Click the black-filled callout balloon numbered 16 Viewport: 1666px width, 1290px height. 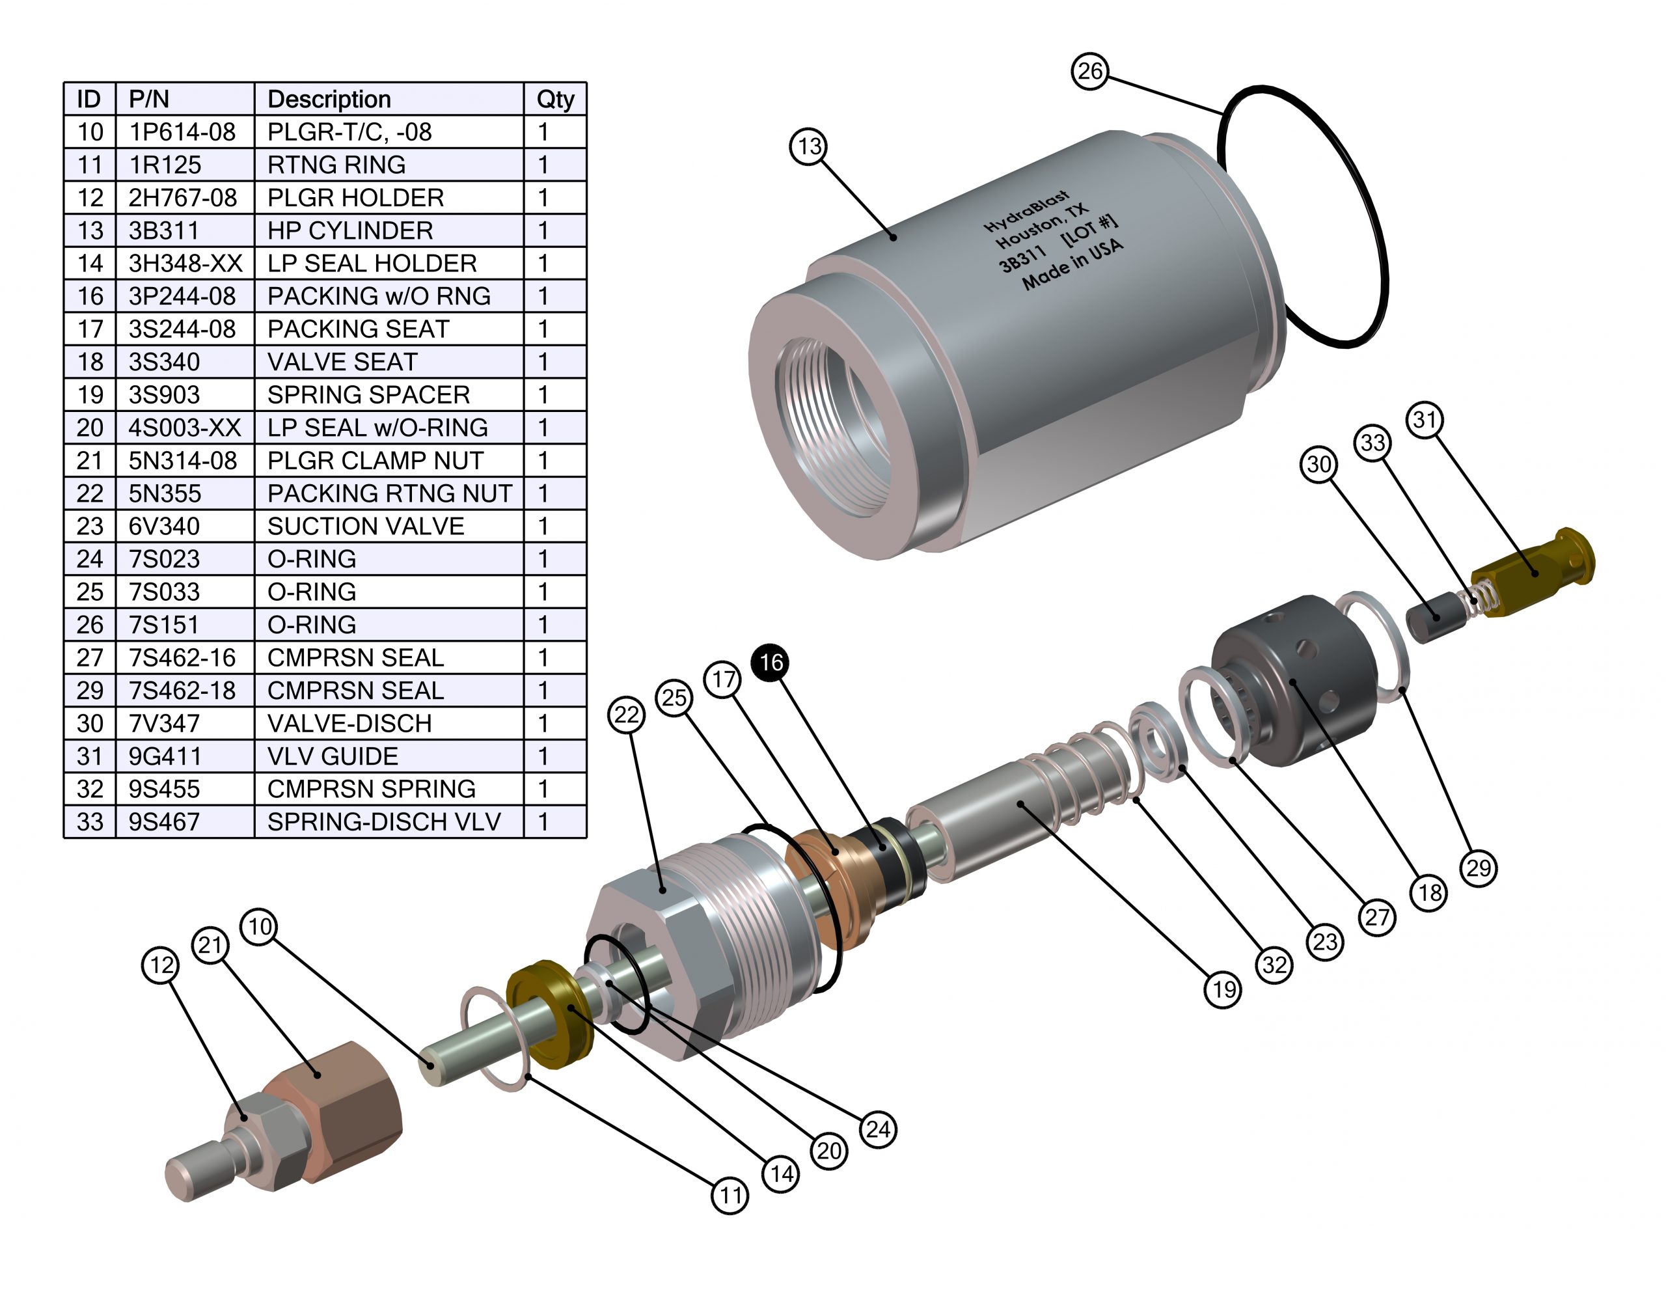tap(771, 662)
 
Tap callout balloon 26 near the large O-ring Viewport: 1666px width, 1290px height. tap(1089, 71)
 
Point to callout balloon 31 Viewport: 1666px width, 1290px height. tap(1424, 420)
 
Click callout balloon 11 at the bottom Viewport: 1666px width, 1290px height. tap(730, 1196)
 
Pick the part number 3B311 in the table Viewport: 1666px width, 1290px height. tap(163, 230)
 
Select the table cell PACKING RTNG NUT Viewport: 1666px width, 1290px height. tap(389, 493)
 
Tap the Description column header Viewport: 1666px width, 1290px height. tap(329, 99)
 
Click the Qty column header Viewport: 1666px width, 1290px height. tap(554, 99)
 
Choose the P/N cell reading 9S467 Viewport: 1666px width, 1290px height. tap(163, 821)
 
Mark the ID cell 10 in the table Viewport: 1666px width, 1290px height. tap(90, 132)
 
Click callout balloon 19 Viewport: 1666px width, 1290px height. tap(1223, 989)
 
